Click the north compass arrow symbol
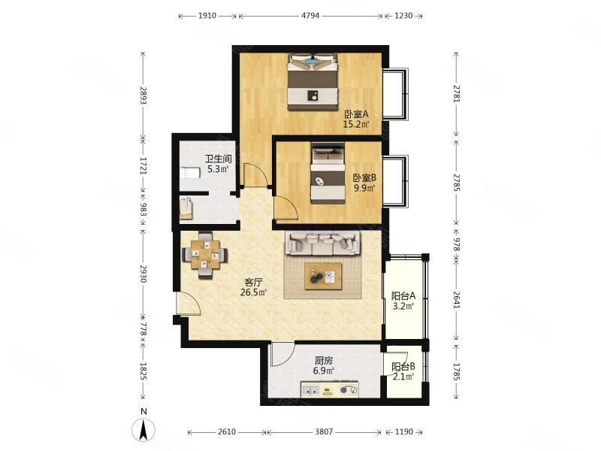point(143,429)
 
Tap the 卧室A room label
point(356,114)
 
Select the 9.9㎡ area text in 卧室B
point(364,188)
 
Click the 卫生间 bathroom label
point(218,159)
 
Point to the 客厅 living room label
point(253,283)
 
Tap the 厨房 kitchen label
point(324,361)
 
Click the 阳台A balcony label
point(403,296)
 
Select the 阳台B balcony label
point(403,367)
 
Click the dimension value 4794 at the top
point(310,16)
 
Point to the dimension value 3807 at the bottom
point(324,431)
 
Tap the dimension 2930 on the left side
point(143,274)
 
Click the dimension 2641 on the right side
point(456,300)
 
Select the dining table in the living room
point(205,254)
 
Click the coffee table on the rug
point(324,275)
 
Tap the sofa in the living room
point(322,244)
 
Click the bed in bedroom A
point(313,82)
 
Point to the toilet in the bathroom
point(190,174)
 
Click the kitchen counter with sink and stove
point(330,389)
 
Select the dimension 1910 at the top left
point(207,16)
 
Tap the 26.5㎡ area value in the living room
point(253,292)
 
